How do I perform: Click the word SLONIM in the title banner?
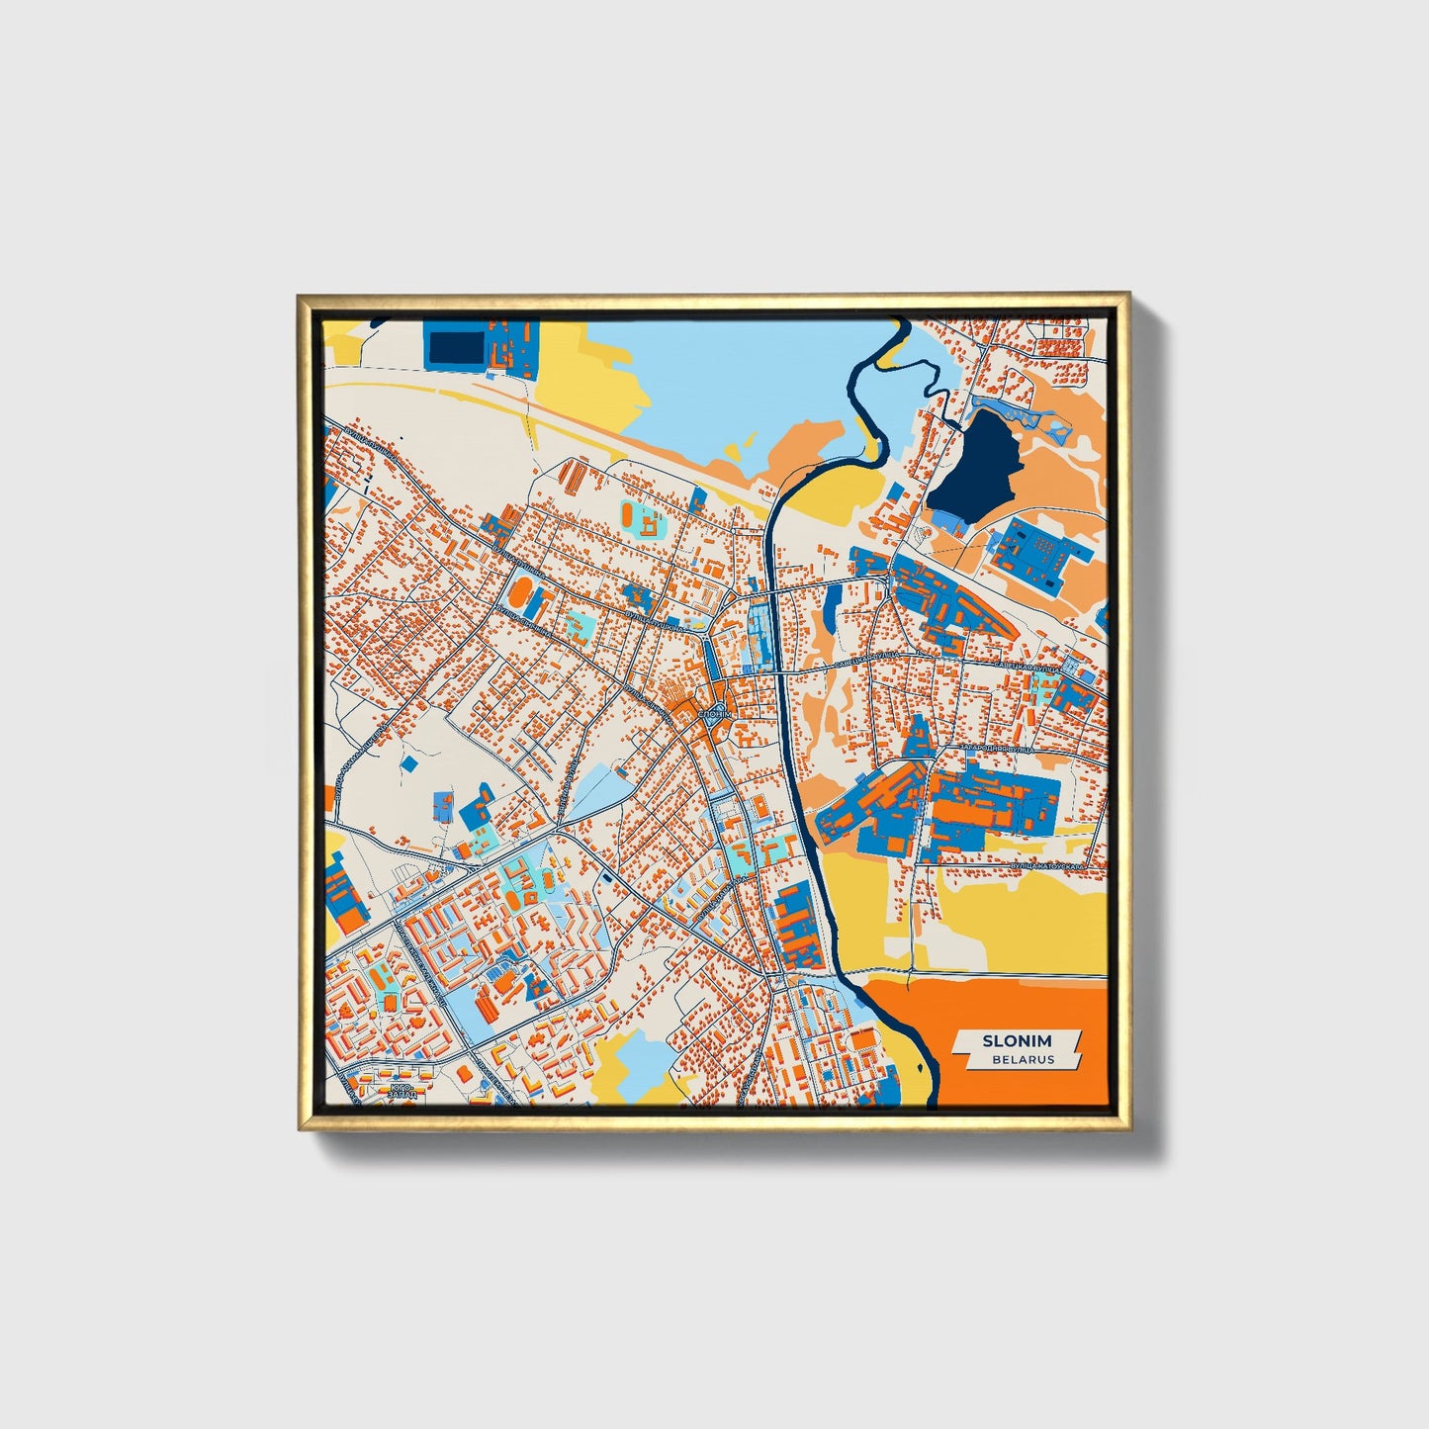(x=1017, y=1040)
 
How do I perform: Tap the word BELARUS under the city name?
(x=1024, y=1059)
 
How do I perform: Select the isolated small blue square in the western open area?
(x=408, y=764)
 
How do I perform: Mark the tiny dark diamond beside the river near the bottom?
(x=859, y=999)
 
